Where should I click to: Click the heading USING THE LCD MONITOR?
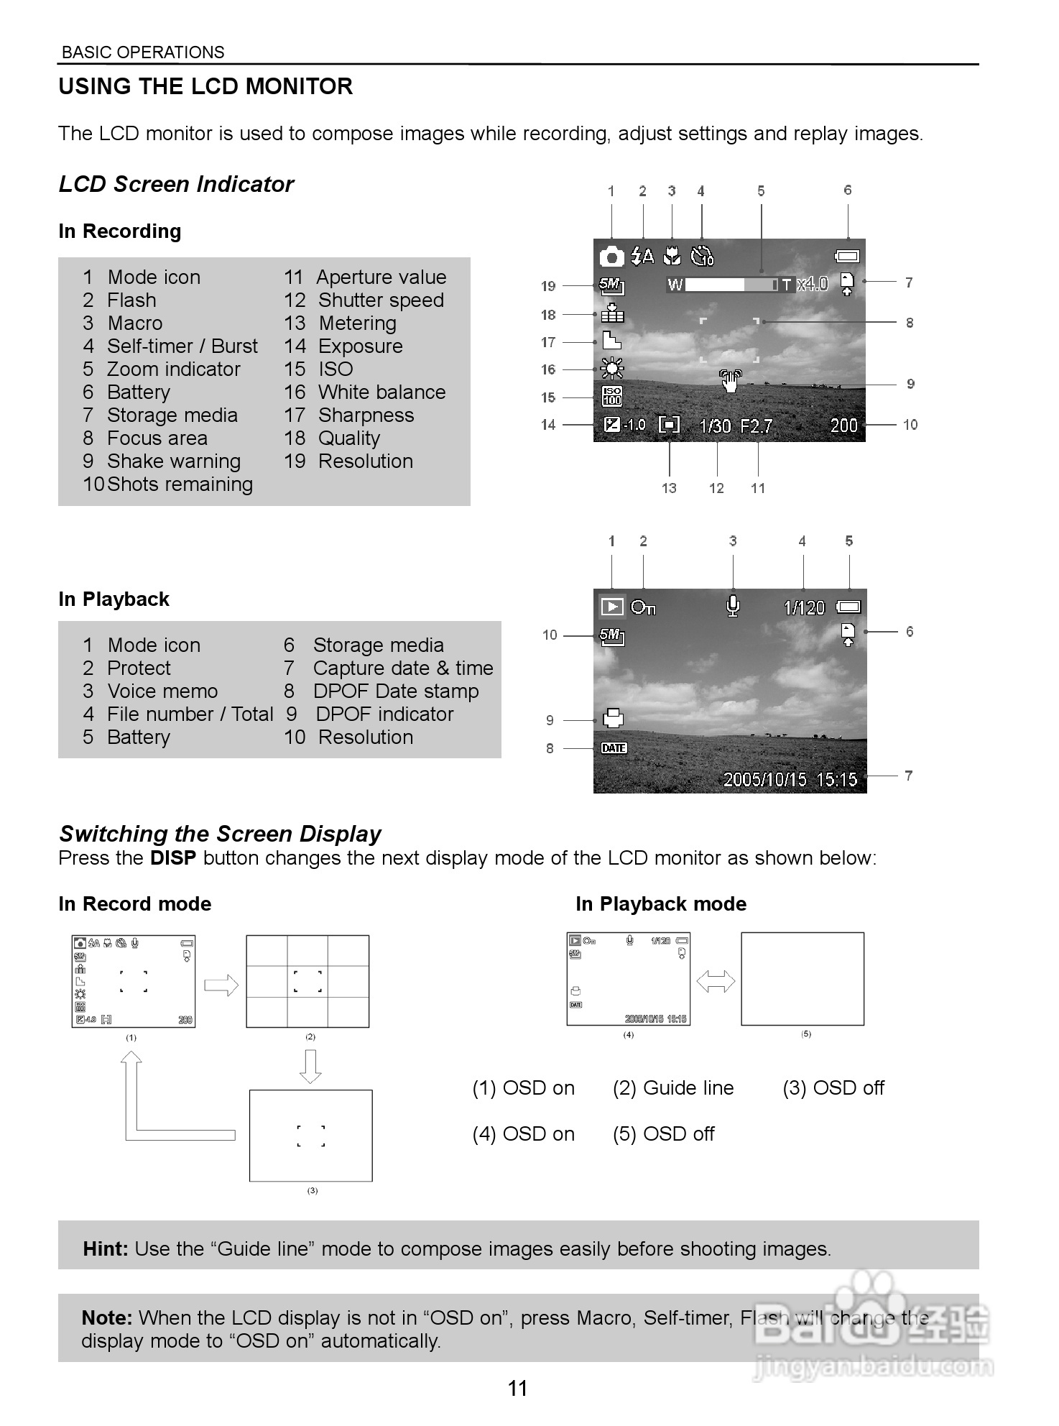pyautogui.click(x=205, y=87)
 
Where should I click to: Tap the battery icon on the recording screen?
pyautogui.click(x=847, y=256)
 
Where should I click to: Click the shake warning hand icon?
pyautogui.click(x=730, y=380)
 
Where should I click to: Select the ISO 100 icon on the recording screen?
pyautogui.click(x=611, y=396)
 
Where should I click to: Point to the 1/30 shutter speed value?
pyautogui.click(x=715, y=426)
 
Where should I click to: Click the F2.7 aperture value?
pyautogui.click(x=757, y=426)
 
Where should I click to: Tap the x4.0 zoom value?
pyautogui.click(x=813, y=284)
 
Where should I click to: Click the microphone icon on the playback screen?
pyautogui.click(x=733, y=606)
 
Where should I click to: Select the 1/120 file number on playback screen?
pyautogui.click(x=804, y=608)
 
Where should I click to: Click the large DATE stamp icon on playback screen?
pyautogui.click(x=614, y=748)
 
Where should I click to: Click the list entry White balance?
pyautogui.click(x=381, y=392)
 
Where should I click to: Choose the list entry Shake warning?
pyautogui.click(x=173, y=461)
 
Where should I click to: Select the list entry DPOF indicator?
pyautogui.click(x=384, y=714)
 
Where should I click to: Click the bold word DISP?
pyautogui.click(x=173, y=858)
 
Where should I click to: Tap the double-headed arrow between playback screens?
pyautogui.click(x=716, y=981)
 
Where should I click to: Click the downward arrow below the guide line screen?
pyautogui.click(x=310, y=1066)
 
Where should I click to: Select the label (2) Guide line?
pyautogui.click(x=673, y=1088)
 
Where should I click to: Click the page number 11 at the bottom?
pyautogui.click(x=517, y=1388)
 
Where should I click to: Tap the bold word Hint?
pyautogui.click(x=106, y=1249)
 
